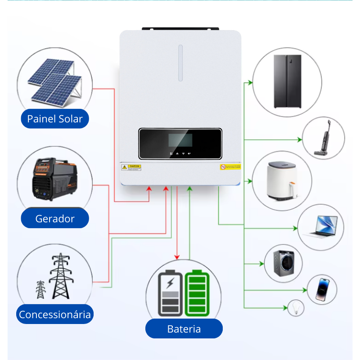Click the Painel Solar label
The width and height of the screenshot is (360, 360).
coord(55,119)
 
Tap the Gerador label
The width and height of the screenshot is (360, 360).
coord(55,219)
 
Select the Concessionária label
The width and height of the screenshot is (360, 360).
coord(55,314)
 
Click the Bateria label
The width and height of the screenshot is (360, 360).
coord(184,329)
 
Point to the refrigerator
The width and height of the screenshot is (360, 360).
coord(288,81)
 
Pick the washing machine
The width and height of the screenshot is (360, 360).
coord(283,263)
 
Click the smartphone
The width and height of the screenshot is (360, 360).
coord(323,289)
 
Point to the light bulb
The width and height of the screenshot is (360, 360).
coord(296,308)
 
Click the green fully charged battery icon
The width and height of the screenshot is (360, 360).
coord(198,293)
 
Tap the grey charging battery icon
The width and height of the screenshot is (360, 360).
coord(170,293)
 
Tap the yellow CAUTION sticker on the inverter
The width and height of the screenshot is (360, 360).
coord(131,167)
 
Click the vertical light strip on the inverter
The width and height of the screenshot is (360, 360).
coord(180,63)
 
